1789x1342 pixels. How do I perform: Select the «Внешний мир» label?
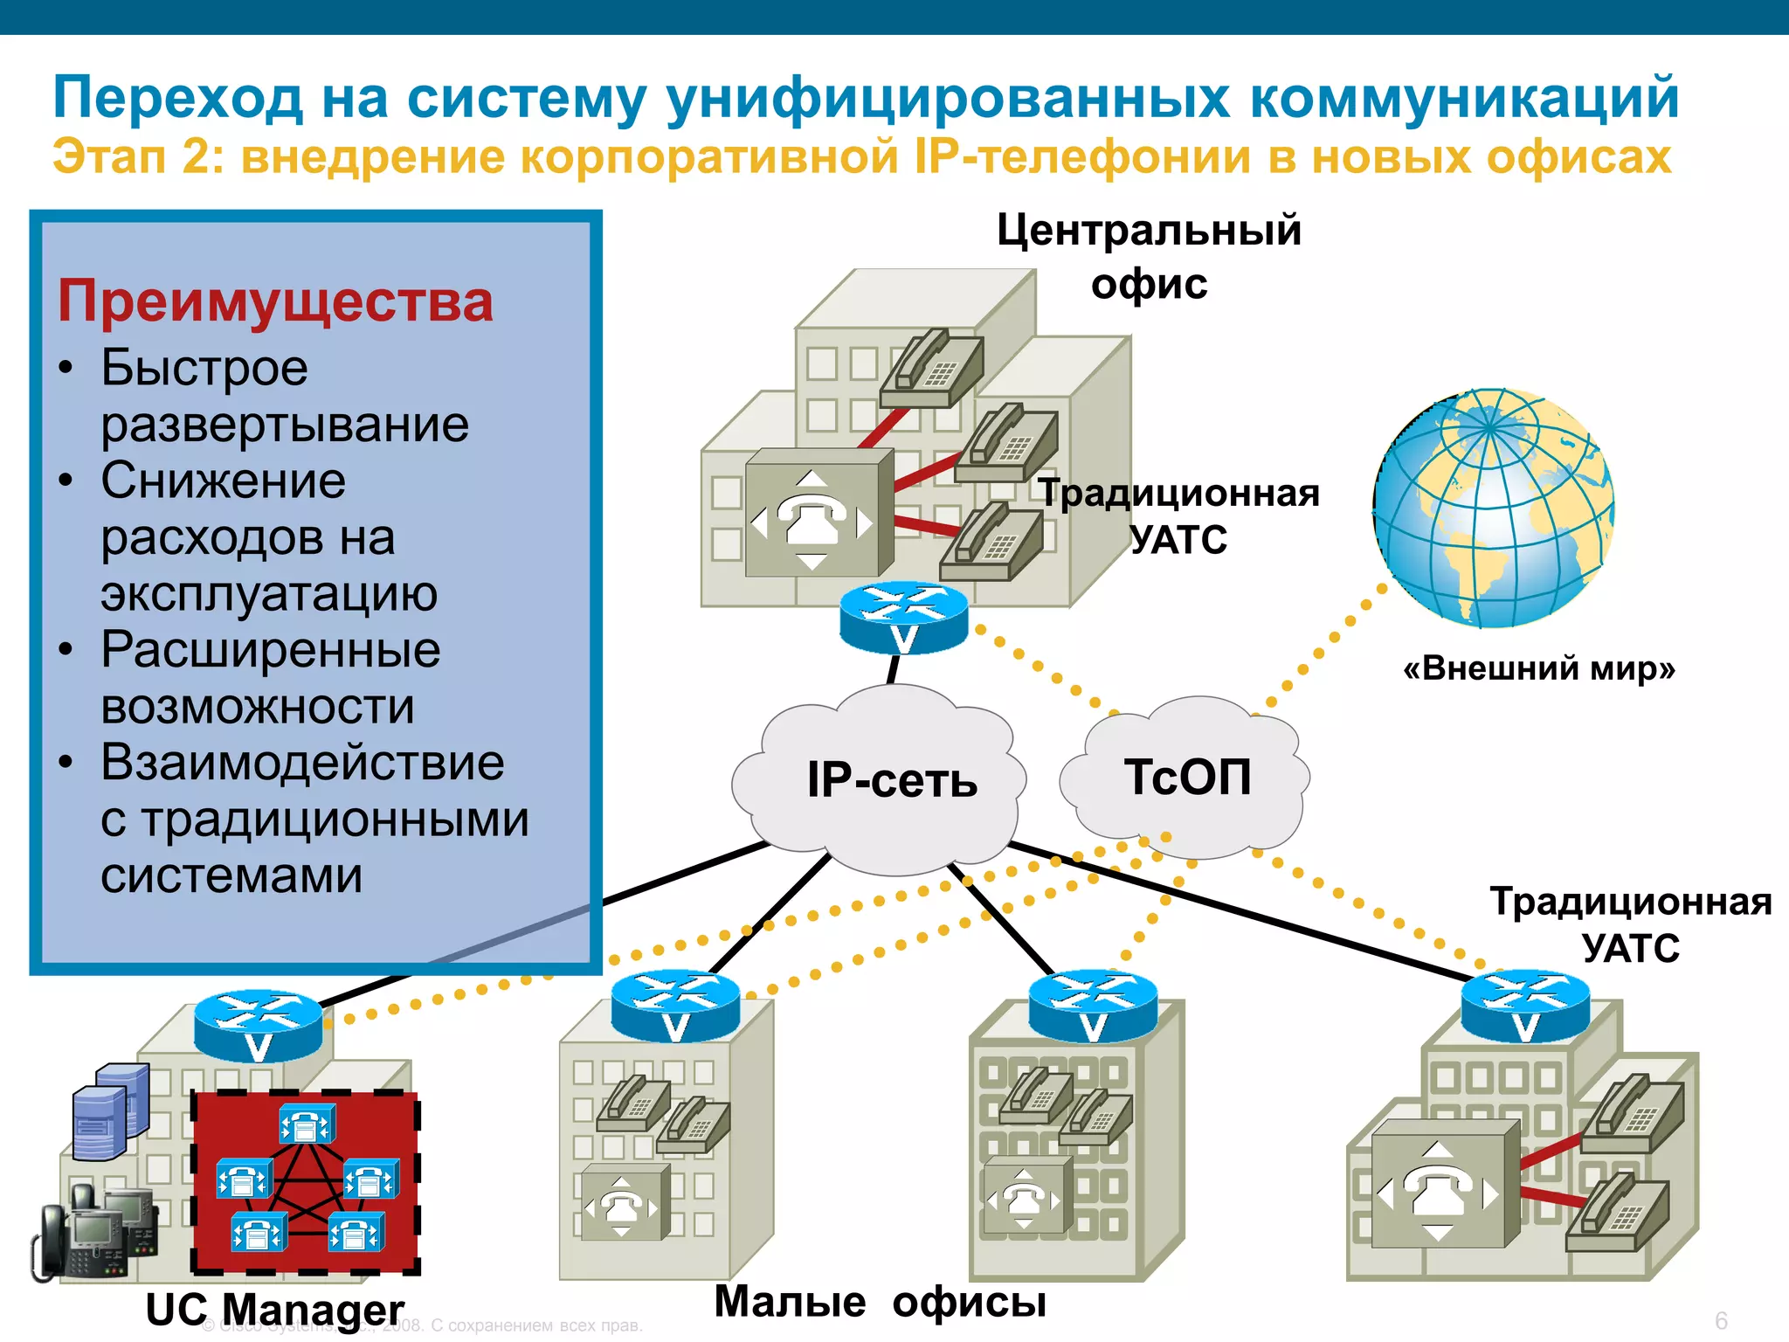coord(1538,668)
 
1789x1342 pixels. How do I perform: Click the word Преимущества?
coord(275,301)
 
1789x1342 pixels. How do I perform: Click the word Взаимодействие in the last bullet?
coord(302,762)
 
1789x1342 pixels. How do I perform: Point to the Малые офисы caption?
coord(880,1302)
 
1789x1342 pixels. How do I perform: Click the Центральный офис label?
coord(1149,257)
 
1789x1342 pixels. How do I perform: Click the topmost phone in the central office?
coord(931,368)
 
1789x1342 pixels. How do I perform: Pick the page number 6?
coord(1721,1320)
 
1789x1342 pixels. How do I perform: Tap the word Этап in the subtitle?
coord(108,158)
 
